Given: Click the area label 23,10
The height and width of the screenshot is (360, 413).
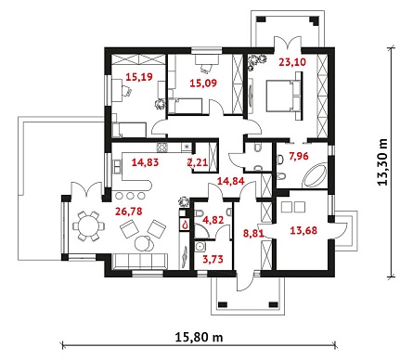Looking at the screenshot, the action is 292,62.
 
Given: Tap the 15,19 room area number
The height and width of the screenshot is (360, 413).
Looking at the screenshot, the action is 139,76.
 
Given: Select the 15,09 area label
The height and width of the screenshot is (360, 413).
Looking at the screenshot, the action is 203,83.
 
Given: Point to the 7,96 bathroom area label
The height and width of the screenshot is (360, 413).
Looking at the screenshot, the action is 299,156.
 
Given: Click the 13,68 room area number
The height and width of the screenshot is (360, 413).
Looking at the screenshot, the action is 303,230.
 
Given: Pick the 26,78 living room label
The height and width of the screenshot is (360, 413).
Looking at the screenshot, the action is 129,212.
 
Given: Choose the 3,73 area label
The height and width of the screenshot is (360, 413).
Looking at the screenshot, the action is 213,259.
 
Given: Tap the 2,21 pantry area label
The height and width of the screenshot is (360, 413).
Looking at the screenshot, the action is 198,162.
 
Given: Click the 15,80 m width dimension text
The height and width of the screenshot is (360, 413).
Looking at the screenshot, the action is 199,337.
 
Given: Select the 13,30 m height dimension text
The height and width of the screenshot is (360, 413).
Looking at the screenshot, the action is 382,161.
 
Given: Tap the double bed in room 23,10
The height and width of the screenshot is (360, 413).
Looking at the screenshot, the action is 283,96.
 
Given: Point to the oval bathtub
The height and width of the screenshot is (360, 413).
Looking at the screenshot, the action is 315,175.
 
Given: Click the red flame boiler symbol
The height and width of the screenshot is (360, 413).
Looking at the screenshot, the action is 186,225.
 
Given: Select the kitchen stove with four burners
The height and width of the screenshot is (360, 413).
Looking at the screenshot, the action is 162,148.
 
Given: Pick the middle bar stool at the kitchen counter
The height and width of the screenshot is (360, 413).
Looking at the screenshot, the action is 130,196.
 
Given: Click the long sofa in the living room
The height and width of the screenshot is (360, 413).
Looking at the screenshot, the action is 139,262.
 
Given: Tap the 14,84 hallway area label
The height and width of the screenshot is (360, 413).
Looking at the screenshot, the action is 230,181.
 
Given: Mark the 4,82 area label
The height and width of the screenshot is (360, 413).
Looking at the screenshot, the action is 213,220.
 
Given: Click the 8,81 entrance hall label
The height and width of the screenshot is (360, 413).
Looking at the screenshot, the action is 253,234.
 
